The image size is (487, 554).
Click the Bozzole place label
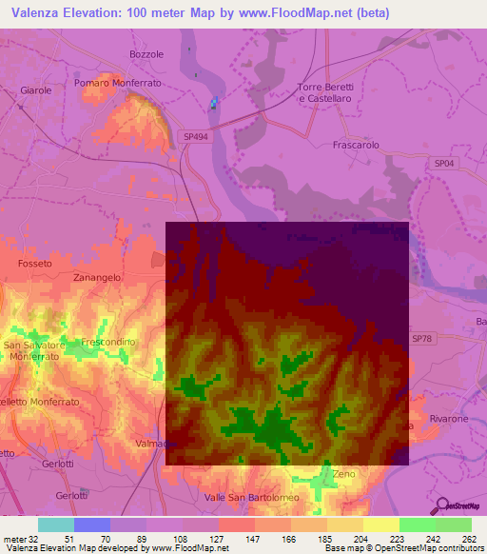pyautogui.click(x=147, y=54)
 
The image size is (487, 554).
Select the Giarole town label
pyautogui.click(x=36, y=90)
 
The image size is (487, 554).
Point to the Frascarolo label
pyautogui.click(x=357, y=147)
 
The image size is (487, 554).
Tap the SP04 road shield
pyautogui.click(x=444, y=164)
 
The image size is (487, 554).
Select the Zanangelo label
pyautogui.click(x=97, y=277)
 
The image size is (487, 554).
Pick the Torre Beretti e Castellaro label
pyautogui.click(x=325, y=92)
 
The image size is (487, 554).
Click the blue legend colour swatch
pyautogui.click(x=91, y=524)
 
